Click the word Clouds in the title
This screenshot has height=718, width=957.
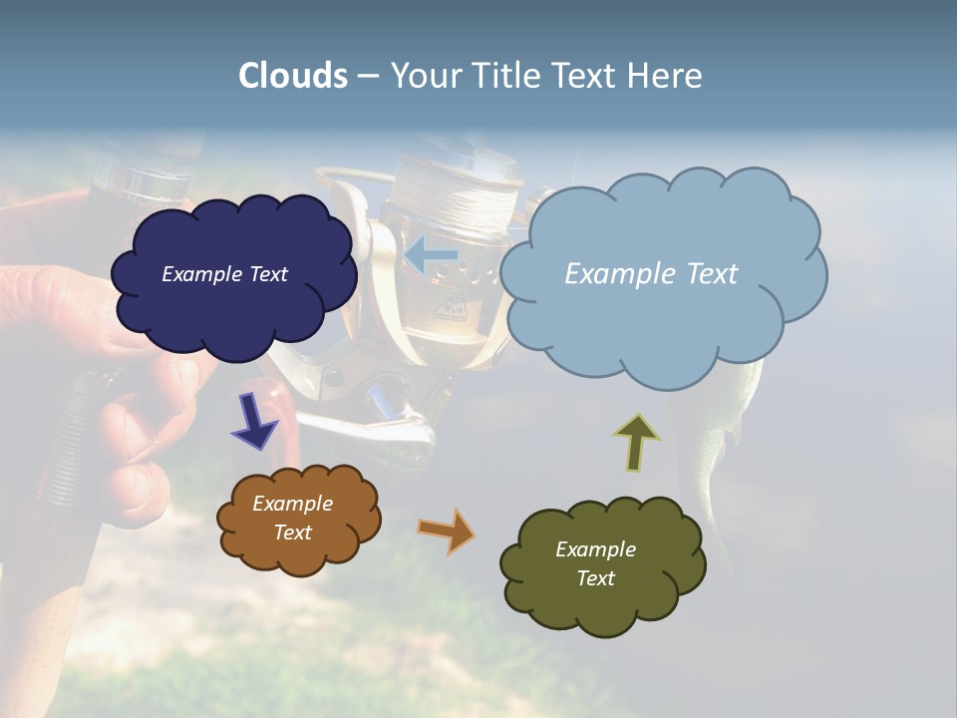click(293, 76)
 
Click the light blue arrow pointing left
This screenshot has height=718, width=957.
click(431, 255)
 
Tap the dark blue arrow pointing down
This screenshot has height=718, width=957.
click(255, 421)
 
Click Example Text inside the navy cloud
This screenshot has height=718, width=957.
click(224, 274)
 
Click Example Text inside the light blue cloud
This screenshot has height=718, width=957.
click(651, 274)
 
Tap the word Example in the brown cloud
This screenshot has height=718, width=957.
click(292, 504)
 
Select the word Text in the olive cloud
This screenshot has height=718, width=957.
click(595, 578)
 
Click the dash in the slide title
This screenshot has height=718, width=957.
click(368, 77)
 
